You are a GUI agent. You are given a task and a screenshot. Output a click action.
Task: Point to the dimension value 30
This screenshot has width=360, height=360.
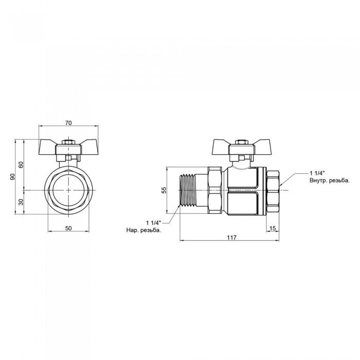click(21, 202)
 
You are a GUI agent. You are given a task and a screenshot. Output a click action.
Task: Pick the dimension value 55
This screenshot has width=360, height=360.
click(164, 190)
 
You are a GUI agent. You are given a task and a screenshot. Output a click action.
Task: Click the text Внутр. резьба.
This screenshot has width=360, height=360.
click(330, 181)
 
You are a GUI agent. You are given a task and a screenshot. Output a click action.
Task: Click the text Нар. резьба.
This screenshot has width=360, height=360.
click(143, 230)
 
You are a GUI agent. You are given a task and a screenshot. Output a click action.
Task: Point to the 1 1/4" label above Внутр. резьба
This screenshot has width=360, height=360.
click(318, 173)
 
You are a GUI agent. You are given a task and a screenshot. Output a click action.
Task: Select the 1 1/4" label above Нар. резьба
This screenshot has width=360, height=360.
click(153, 222)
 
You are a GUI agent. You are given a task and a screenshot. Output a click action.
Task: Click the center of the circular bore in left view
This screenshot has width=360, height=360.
click(68, 190)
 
